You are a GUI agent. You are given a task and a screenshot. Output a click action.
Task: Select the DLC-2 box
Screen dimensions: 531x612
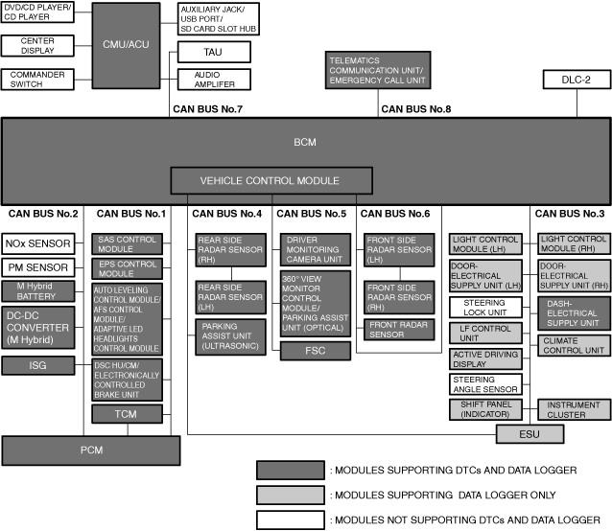(x=575, y=81)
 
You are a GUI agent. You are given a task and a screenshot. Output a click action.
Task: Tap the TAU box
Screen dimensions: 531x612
(x=213, y=51)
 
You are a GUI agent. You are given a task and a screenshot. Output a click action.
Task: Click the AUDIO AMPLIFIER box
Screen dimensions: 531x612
(x=213, y=80)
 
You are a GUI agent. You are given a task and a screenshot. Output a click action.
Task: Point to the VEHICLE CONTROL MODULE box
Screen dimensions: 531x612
(x=270, y=180)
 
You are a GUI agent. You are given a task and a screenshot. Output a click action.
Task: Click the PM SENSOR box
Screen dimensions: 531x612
(x=41, y=266)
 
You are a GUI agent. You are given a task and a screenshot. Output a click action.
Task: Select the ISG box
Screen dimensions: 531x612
(x=41, y=364)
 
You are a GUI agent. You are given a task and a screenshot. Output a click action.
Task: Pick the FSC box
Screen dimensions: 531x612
(x=315, y=351)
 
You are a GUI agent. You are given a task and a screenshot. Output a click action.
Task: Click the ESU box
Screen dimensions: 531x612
(x=523, y=434)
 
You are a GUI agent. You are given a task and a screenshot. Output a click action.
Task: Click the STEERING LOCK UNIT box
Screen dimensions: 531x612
(x=484, y=309)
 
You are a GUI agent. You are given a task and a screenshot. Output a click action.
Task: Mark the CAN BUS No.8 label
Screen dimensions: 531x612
(x=415, y=108)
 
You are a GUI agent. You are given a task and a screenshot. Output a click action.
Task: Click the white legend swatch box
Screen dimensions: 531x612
(x=290, y=519)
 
